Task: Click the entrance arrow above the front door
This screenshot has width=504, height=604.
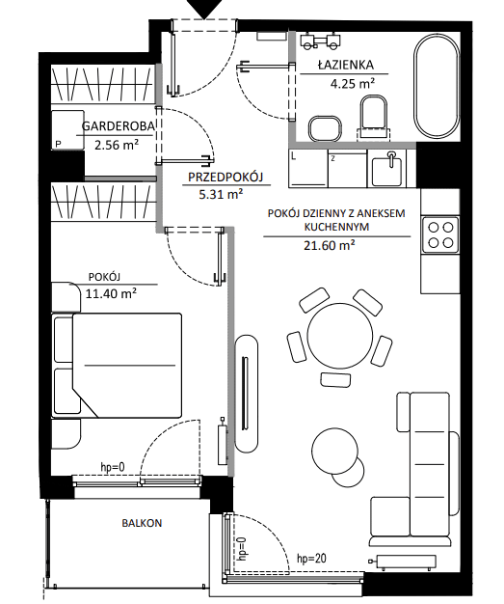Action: tap(204, 8)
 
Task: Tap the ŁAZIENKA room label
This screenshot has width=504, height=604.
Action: tap(346, 65)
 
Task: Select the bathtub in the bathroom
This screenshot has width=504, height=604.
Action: tap(437, 85)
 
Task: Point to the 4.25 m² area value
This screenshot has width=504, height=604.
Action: tap(353, 83)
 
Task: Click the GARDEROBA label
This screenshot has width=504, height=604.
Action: tap(119, 126)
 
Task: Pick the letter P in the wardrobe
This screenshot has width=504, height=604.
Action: tap(59, 144)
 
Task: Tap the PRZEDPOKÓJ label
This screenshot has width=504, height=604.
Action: tap(225, 177)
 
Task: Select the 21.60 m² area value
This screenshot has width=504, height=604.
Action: tap(329, 245)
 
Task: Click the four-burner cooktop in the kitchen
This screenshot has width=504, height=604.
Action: tap(440, 234)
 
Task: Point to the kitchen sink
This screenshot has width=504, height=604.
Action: tap(386, 169)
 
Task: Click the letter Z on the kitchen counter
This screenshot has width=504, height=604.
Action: tap(332, 158)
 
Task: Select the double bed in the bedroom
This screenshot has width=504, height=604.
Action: tap(117, 365)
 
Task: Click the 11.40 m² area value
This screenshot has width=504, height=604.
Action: tap(111, 294)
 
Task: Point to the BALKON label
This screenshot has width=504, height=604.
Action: tap(142, 523)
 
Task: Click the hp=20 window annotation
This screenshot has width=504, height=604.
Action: tap(311, 558)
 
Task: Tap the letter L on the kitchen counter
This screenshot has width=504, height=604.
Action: tap(294, 156)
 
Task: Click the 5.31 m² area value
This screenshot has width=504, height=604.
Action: tap(221, 195)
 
